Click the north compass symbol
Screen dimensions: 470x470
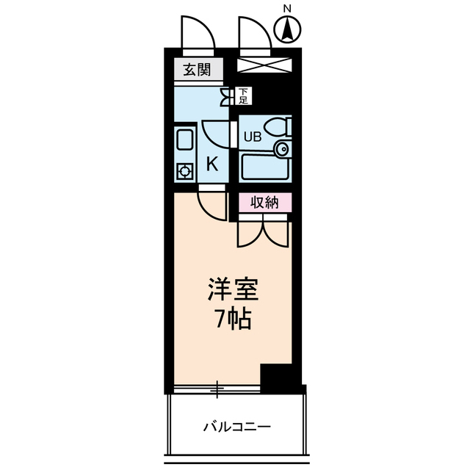pyautogui.click(x=288, y=30)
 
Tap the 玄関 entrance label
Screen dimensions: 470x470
pyautogui.click(x=197, y=70)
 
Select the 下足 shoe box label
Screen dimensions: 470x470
pyautogui.click(x=244, y=95)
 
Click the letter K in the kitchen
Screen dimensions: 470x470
pyautogui.click(x=211, y=164)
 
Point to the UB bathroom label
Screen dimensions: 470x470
pyautogui.click(x=252, y=136)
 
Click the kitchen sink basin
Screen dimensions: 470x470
pyautogui.click(x=184, y=140)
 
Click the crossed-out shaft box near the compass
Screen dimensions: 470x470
pyautogui.click(x=265, y=65)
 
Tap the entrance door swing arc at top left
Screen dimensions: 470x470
pyautogui.click(x=197, y=34)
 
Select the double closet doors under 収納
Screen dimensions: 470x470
pyautogui.click(x=263, y=232)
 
